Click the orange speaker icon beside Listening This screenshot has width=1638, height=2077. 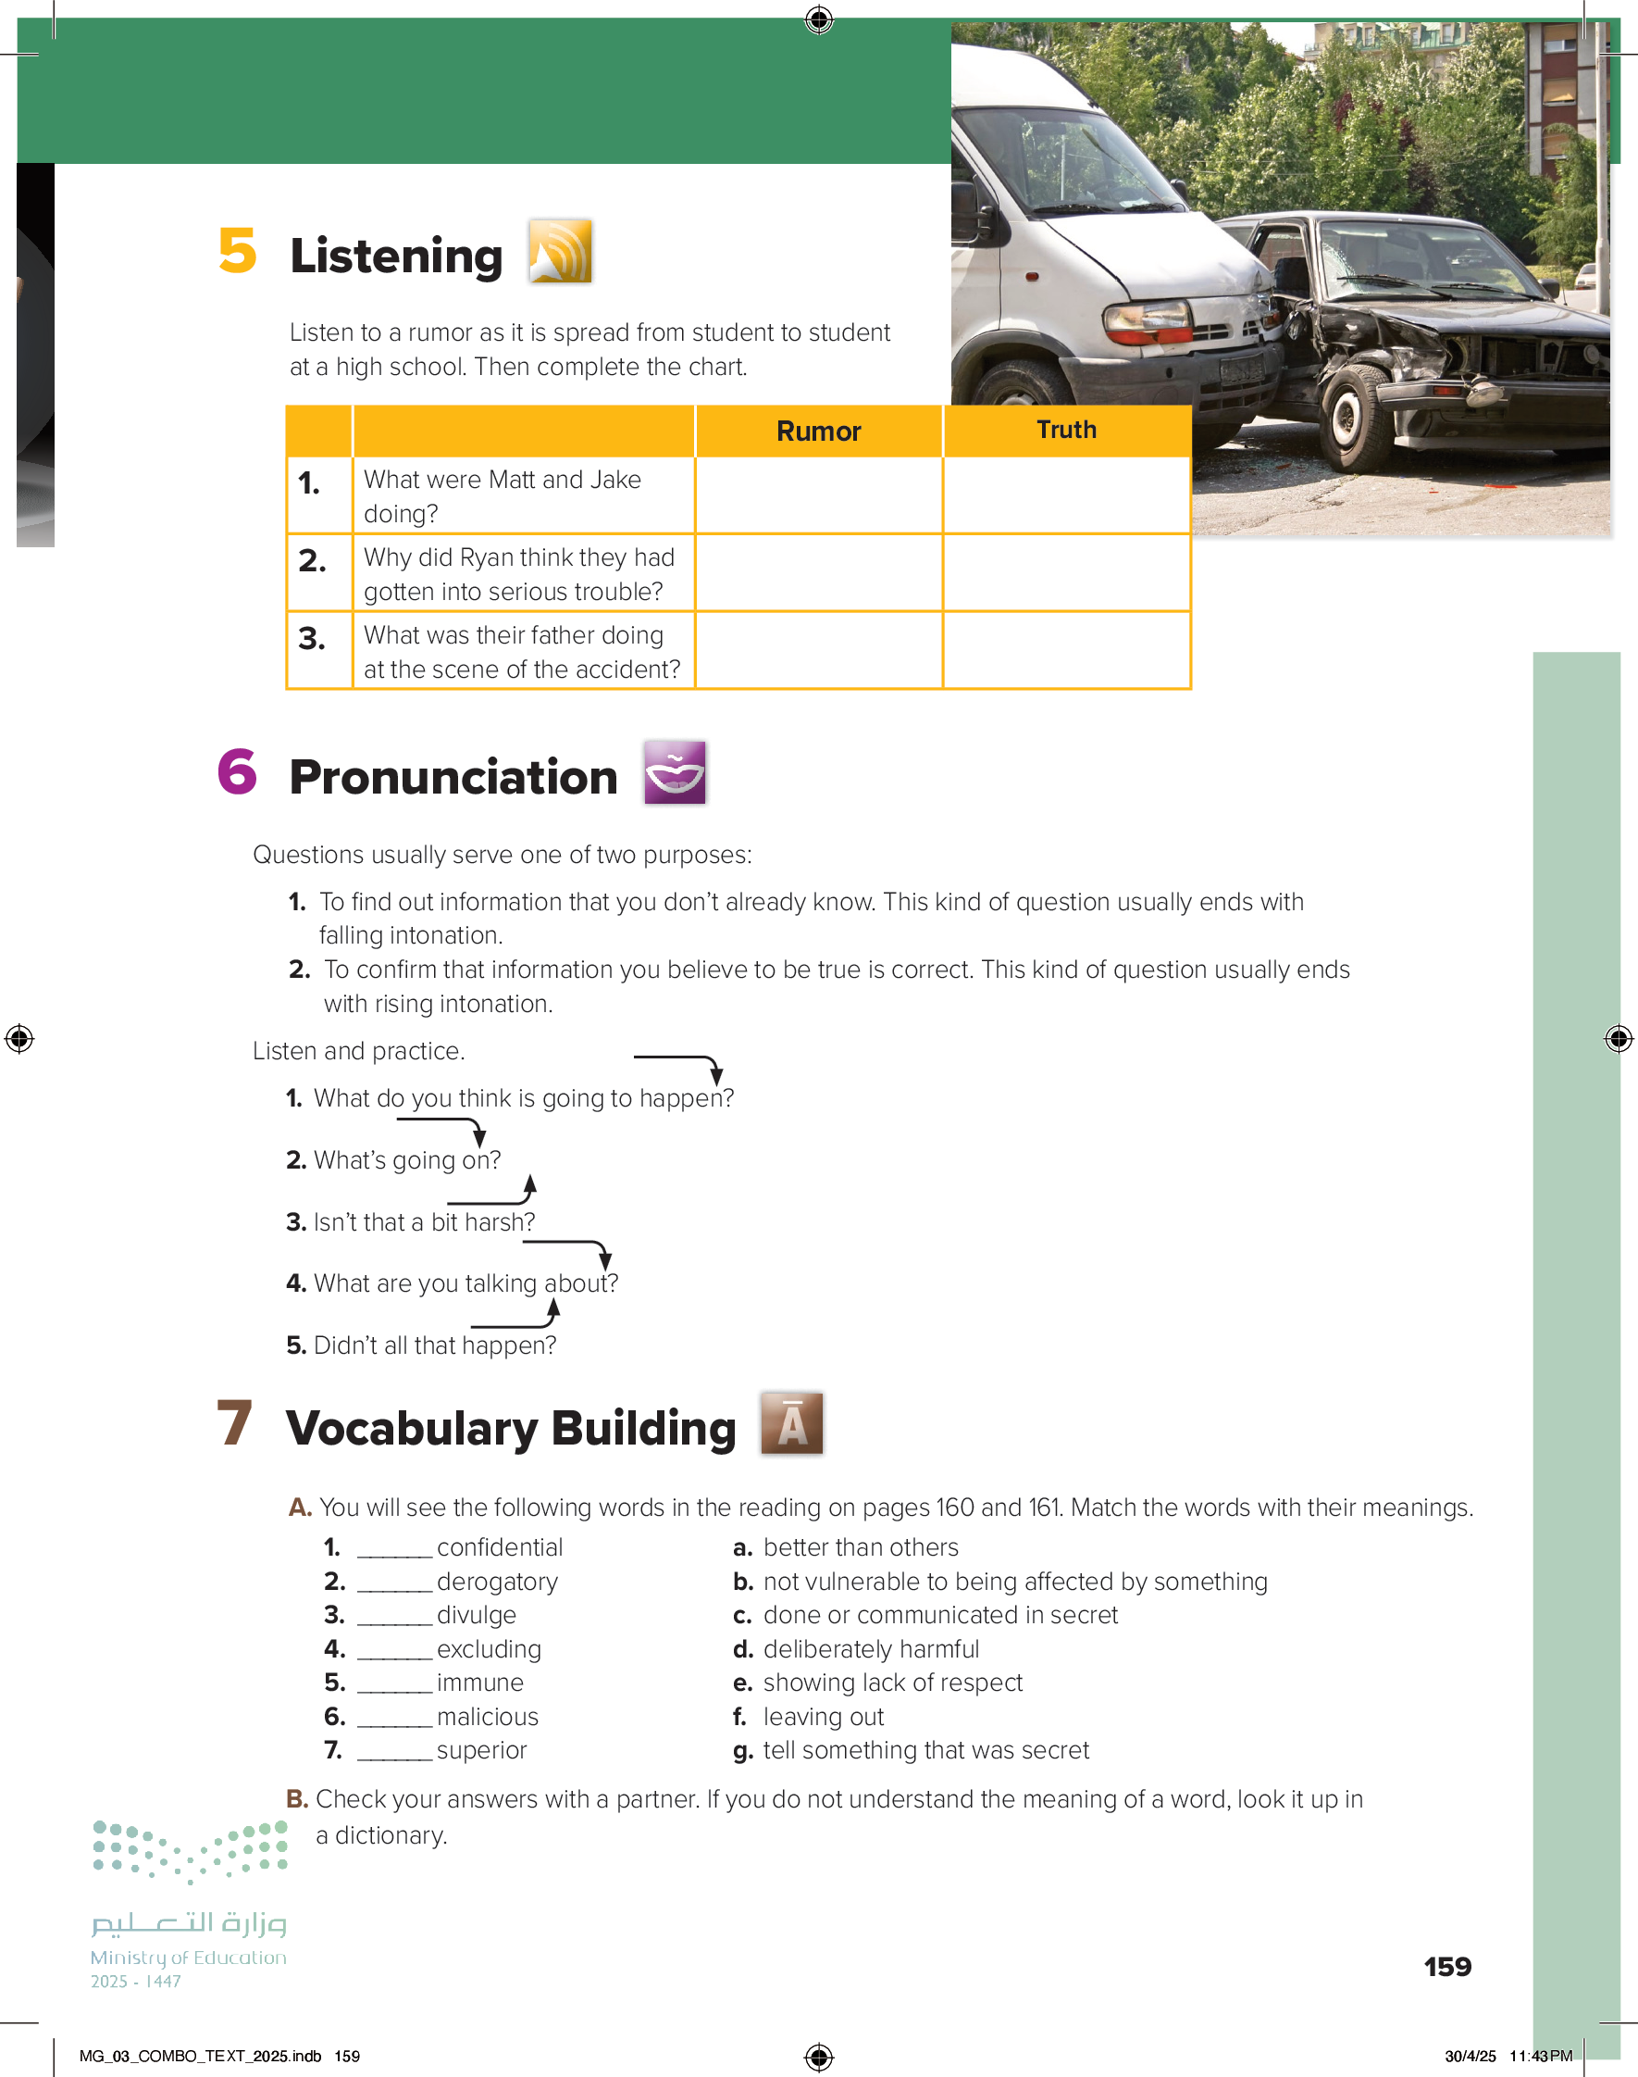click(x=560, y=251)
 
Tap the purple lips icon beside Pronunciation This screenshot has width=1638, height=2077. click(x=676, y=772)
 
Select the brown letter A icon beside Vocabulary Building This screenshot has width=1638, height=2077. click(x=791, y=1423)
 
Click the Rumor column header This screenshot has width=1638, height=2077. click(x=818, y=432)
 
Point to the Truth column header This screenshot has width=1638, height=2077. click(x=1066, y=430)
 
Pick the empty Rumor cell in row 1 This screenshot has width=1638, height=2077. click(x=818, y=495)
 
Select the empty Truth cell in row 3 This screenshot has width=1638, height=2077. click(x=1066, y=650)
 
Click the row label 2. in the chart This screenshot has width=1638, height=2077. click(x=313, y=560)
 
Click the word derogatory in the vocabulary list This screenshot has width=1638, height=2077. click(x=497, y=1581)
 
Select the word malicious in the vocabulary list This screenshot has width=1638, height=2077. click(x=487, y=1716)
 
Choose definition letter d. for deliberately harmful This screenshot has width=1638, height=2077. click(x=742, y=1649)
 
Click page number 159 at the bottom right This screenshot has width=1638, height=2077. click(x=1446, y=1967)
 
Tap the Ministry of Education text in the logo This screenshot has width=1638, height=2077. click(x=188, y=1957)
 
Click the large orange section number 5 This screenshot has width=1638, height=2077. click(x=237, y=251)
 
